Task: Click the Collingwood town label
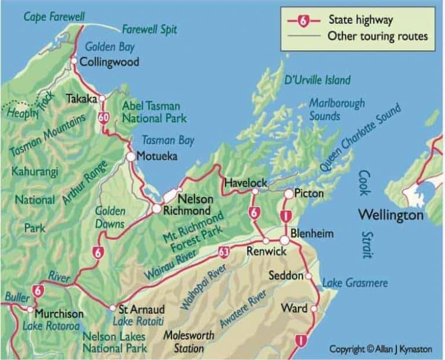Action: (x=109, y=62)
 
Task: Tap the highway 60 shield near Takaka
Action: (x=104, y=118)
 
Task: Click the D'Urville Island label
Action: (x=318, y=80)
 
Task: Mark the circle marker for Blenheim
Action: (x=284, y=240)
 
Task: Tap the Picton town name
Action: (x=309, y=194)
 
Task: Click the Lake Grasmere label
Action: (x=355, y=283)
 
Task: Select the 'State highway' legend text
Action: (x=360, y=20)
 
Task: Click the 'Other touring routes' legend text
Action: (x=377, y=36)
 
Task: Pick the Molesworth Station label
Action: (x=189, y=342)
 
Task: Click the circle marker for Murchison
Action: (x=30, y=310)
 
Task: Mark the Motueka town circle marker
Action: (x=131, y=156)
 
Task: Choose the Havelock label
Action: (x=246, y=182)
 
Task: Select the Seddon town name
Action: (x=286, y=275)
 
